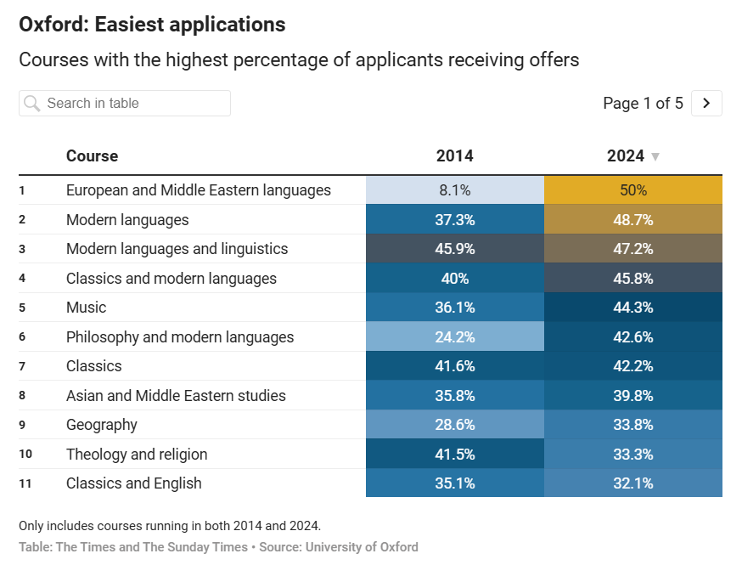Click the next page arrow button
[706, 103]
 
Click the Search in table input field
[136, 103]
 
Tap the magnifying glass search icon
[32, 104]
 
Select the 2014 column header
[454, 155]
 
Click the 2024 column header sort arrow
[655, 156]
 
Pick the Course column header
[92, 155]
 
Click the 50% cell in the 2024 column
[632, 190]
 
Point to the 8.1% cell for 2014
[454, 190]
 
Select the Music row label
[86, 308]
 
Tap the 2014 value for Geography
[454, 425]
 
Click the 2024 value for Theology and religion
[632, 455]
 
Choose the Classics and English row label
[134, 483]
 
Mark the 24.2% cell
[454, 337]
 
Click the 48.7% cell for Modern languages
[632, 220]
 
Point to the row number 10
[25, 455]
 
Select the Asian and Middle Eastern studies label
[176, 396]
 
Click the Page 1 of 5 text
[643, 103]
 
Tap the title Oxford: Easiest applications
[152, 25]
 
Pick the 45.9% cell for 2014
[454, 249]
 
